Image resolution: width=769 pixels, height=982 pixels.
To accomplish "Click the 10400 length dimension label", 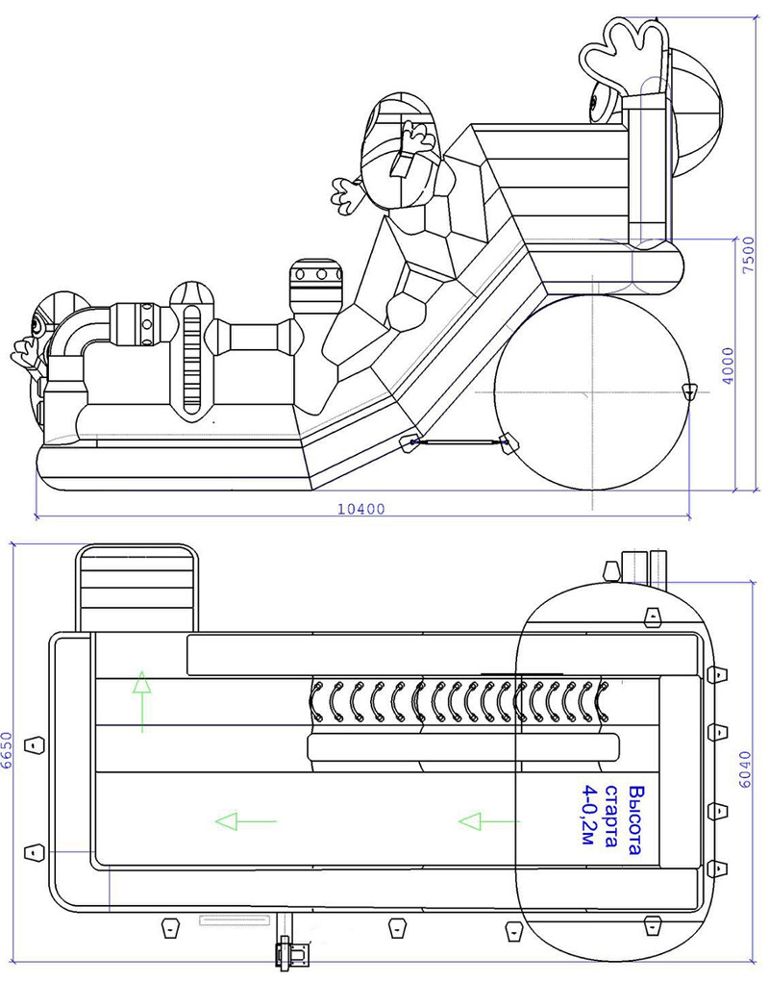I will [360, 510].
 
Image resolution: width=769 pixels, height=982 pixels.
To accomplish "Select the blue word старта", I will [611, 819].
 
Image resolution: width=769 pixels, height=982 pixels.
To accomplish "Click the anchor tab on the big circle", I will [687, 390].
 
